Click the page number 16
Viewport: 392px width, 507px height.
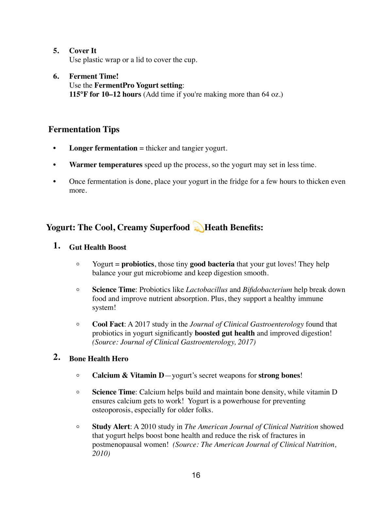coord(196,475)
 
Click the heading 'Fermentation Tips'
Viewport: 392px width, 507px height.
coord(84,129)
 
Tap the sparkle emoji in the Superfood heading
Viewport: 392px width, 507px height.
coord(198,227)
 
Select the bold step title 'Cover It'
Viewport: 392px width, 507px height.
coord(83,51)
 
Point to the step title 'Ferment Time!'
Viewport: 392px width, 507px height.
coord(94,76)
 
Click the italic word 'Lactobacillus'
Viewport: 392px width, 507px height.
coord(206,290)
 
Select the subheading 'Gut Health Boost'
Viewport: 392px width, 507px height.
coord(98,247)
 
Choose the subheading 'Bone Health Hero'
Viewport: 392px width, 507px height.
coord(99,359)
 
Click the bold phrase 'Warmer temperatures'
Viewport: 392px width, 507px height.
coord(106,165)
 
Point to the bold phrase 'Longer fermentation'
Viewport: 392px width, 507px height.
coord(103,148)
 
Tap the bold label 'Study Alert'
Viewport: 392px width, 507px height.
coord(111,427)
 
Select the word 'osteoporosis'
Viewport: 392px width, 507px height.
coord(111,410)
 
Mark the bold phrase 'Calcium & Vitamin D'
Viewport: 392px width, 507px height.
coord(128,375)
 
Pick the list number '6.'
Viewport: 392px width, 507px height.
coord(56,76)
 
